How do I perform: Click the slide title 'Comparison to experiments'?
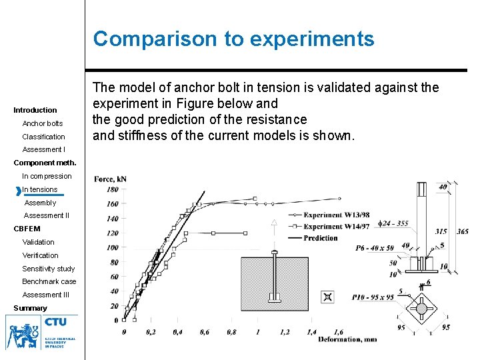(x=233, y=39)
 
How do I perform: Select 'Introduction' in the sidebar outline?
(x=35, y=110)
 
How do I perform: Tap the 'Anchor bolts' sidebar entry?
(x=43, y=123)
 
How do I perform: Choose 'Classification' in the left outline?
(x=44, y=137)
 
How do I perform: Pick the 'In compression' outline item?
(x=47, y=176)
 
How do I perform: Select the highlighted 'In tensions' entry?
(x=40, y=189)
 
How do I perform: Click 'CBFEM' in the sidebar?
(x=27, y=229)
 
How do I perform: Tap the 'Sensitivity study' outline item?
(x=49, y=269)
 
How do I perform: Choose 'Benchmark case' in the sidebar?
(x=49, y=281)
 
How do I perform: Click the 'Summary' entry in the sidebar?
(x=31, y=308)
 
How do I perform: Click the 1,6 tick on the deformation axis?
(x=338, y=331)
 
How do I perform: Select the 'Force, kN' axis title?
(x=110, y=179)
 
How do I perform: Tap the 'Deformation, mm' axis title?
(x=347, y=339)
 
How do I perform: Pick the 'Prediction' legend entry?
(x=321, y=238)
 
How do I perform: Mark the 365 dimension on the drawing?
(x=462, y=231)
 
